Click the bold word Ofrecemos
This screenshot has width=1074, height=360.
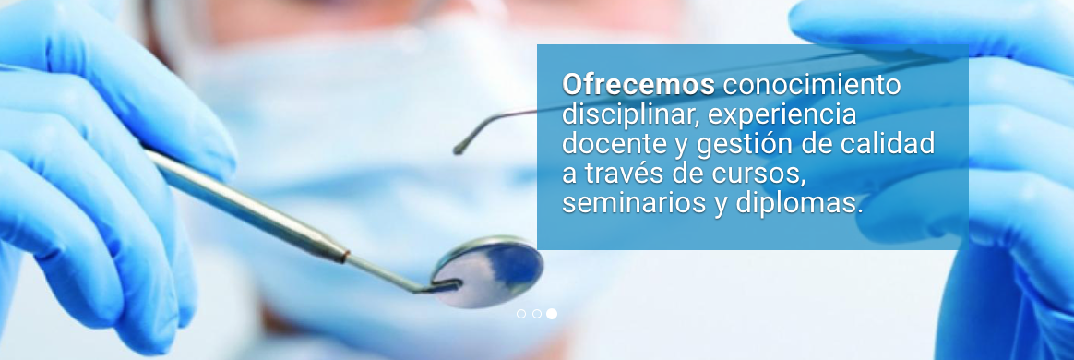tap(638, 85)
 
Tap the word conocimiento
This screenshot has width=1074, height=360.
tap(812, 85)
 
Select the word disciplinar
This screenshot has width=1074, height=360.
tap(630, 114)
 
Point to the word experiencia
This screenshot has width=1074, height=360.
tap(782, 114)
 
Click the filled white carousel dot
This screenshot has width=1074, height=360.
tap(552, 314)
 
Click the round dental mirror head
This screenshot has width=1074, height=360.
tap(488, 270)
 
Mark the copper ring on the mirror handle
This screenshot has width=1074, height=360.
tap(344, 257)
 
